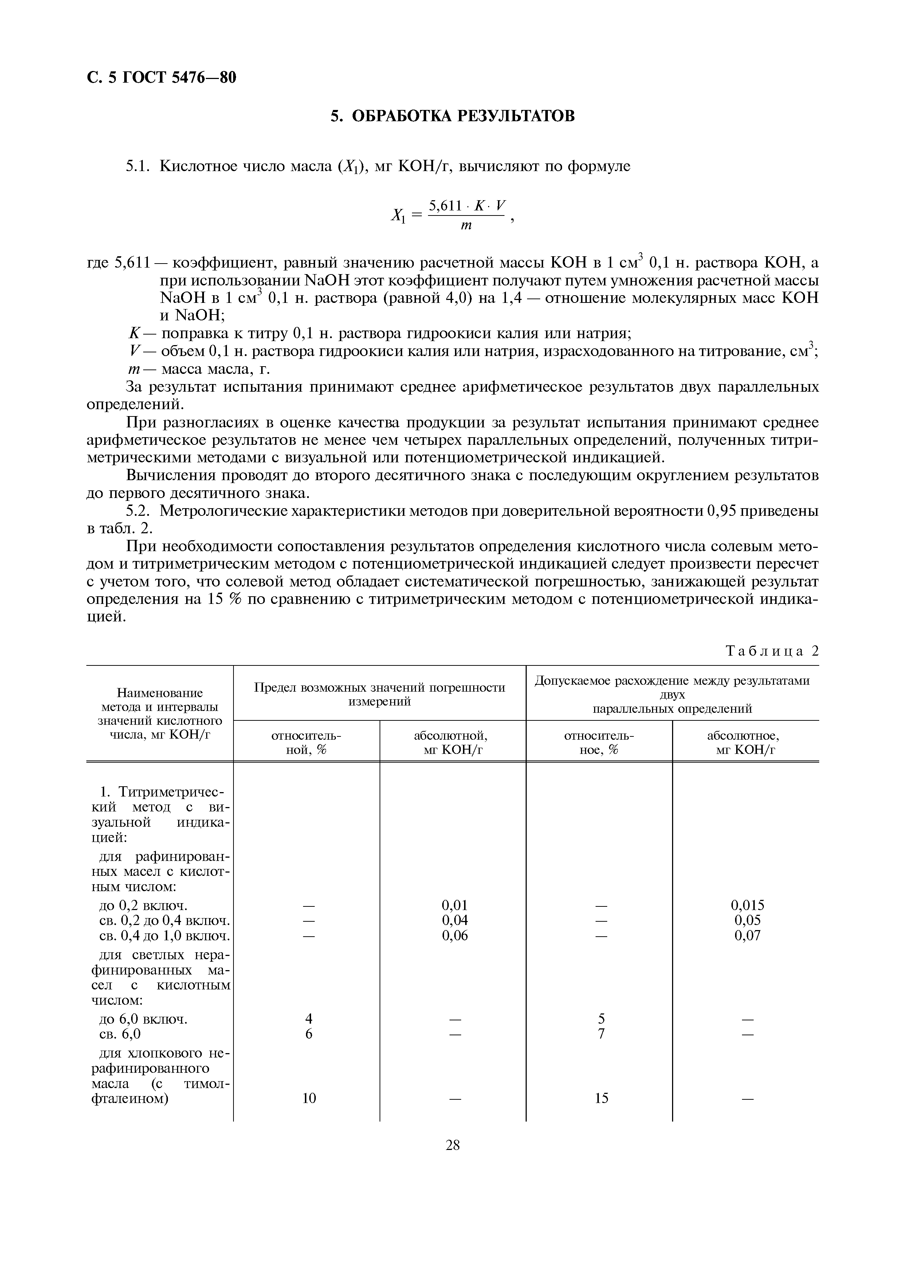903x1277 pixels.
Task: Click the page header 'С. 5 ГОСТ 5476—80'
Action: [161, 77]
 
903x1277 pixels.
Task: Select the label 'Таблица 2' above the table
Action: [772, 651]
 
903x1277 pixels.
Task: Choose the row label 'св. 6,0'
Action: [119, 1034]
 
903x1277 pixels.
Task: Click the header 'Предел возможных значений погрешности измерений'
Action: [380, 694]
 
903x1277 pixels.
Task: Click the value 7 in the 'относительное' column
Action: [601, 1034]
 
